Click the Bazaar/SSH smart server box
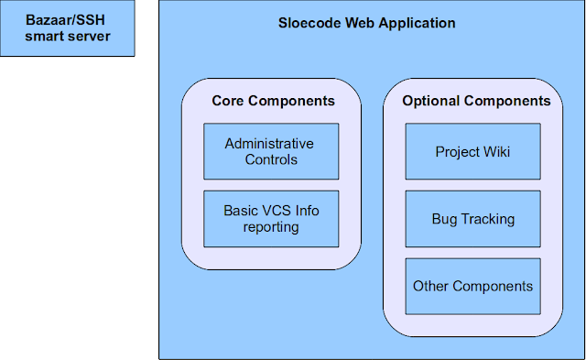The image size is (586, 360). click(x=67, y=28)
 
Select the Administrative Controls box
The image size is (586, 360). click(x=271, y=151)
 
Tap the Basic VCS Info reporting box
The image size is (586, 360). click(x=271, y=219)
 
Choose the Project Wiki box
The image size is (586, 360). click(x=473, y=151)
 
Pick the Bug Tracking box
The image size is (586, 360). click(x=473, y=219)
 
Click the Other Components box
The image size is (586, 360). click(x=473, y=286)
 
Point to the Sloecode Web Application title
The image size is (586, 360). click(x=366, y=23)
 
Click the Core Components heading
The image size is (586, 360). click(x=273, y=101)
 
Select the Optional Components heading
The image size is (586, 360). click(x=476, y=101)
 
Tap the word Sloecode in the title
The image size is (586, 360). click(x=309, y=23)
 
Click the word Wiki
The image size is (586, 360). click(x=496, y=152)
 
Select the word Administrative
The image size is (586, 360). click(x=269, y=144)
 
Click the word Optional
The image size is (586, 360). click(x=431, y=102)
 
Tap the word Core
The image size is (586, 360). click(x=228, y=101)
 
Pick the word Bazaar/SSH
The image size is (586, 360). click(x=65, y=20)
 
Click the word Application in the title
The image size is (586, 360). click(x=417, y=24)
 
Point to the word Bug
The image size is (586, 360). click(x=444, y=220)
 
